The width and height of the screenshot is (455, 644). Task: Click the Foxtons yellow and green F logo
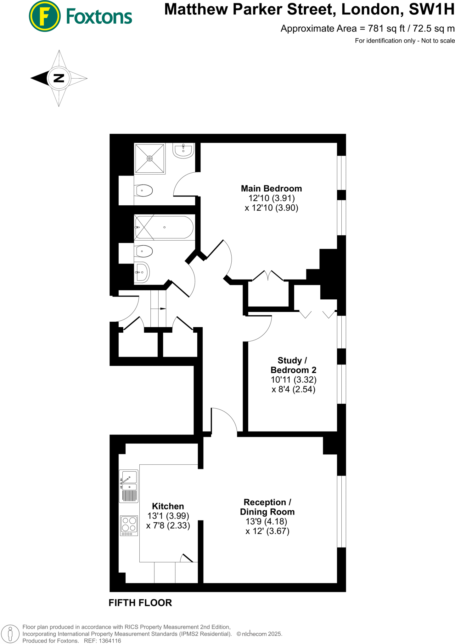click(44, 16)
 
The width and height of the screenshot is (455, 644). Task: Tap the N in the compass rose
click(59, 78)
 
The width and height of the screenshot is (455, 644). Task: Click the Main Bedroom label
click(271, 188)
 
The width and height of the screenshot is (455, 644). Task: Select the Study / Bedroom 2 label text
click(293, 365)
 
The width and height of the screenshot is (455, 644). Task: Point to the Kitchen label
click(168, 506)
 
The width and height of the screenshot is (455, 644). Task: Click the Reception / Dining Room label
click(267, 507)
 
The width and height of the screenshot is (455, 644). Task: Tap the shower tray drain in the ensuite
click(150, 158)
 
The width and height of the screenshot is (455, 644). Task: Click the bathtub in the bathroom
click(164, 227)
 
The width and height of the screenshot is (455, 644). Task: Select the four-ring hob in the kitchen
click(129, 525)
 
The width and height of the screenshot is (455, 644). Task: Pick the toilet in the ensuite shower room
click(144, 191)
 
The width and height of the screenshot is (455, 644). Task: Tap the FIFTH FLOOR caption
click(140, 603)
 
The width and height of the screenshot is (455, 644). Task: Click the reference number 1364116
click(110, 641)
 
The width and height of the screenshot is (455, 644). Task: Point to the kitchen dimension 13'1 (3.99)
click(168, 516)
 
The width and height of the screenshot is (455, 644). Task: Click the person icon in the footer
click(10, 634)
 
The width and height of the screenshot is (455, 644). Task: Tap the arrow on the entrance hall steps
click(163, 309)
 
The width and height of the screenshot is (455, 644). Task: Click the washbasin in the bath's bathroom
click(142, 272)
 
